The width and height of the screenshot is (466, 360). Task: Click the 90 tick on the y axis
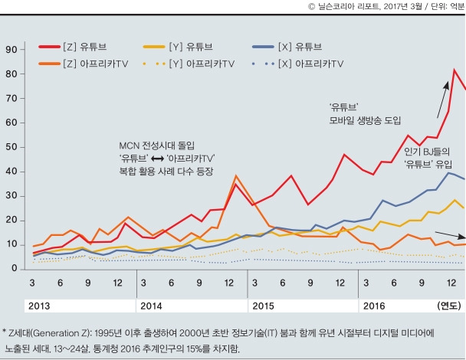click(11, 50)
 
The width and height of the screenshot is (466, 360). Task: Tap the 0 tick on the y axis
click(14, 269)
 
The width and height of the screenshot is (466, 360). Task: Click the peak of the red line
click(455, 70)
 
